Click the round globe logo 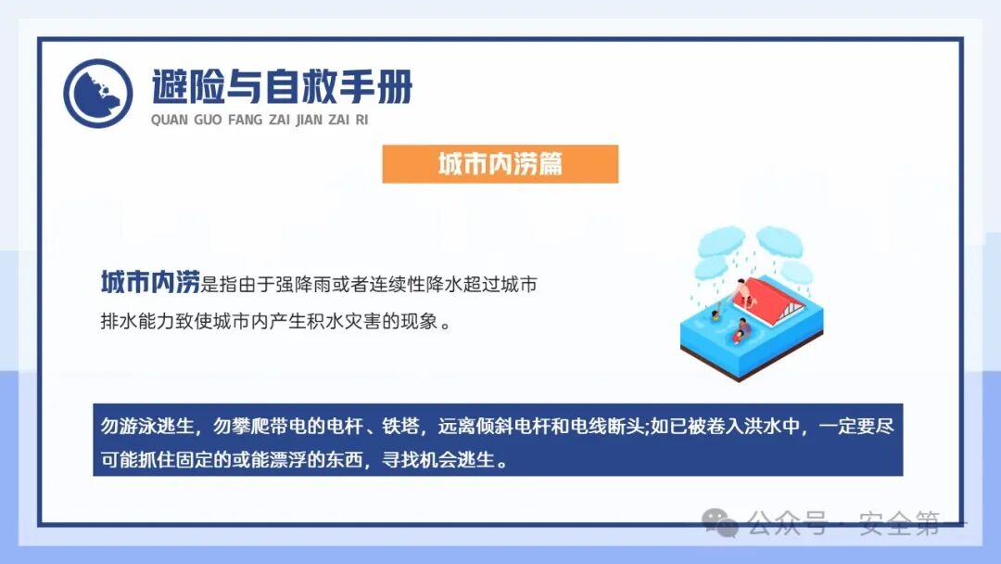97,93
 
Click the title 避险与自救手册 282,87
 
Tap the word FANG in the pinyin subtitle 246,120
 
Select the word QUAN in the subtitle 169,120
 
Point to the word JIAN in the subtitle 309,120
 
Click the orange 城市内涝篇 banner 500,164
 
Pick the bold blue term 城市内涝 150,283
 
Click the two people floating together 741,329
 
